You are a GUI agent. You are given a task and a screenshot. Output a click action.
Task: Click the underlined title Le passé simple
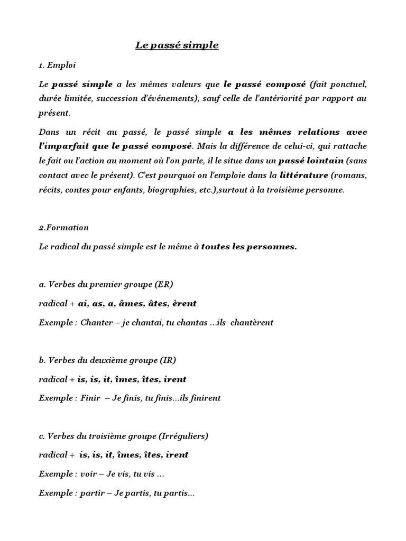click(177, 45)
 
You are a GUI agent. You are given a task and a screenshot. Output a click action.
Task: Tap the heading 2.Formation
click(64, 228)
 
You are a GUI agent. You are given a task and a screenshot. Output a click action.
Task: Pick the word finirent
click(203, 398)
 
